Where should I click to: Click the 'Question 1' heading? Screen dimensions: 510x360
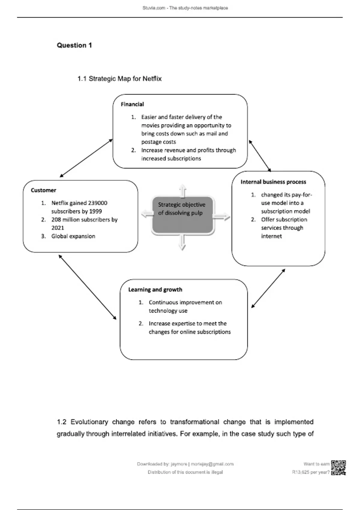tap(74, 45)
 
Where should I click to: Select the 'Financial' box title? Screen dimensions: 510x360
tap(132, 104)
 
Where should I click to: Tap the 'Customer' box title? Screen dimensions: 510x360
tap(43, 190)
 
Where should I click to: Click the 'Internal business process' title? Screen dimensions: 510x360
tap(273, 182)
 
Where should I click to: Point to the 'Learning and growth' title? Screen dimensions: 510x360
tap(155, 289)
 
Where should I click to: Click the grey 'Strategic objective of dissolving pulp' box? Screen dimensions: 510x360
tap(182, 215)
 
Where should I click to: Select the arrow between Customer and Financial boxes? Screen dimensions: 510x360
tap(86, 158)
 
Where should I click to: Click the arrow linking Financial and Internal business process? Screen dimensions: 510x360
tap(260, 156)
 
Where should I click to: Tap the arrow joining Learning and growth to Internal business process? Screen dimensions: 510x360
tap(268, 288)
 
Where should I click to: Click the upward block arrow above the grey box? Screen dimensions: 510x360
tap(182, 190)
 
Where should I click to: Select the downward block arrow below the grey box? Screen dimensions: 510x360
tap(182, 242)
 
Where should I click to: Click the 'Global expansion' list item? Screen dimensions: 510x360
tap(73, 236)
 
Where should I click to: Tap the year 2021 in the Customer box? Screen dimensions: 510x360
tap(58, 228)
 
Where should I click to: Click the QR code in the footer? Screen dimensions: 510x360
tap(338, 468)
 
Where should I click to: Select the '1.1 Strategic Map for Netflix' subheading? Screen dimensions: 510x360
tap(119, 79)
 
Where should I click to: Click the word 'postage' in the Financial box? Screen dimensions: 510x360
tap(151, 142)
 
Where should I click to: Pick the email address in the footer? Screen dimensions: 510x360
tap(212, 464)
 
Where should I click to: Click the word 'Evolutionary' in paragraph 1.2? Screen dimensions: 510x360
tap(89, 422)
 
